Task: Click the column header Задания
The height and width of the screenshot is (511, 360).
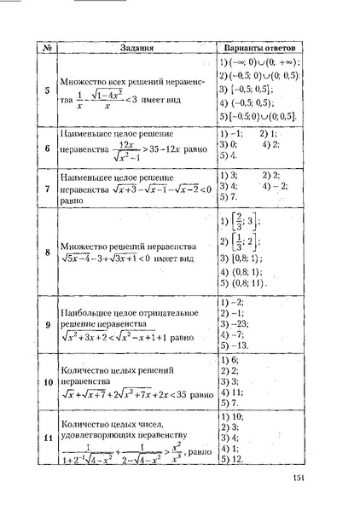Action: point(136,48)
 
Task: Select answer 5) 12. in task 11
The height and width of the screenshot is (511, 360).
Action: point(234,459)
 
